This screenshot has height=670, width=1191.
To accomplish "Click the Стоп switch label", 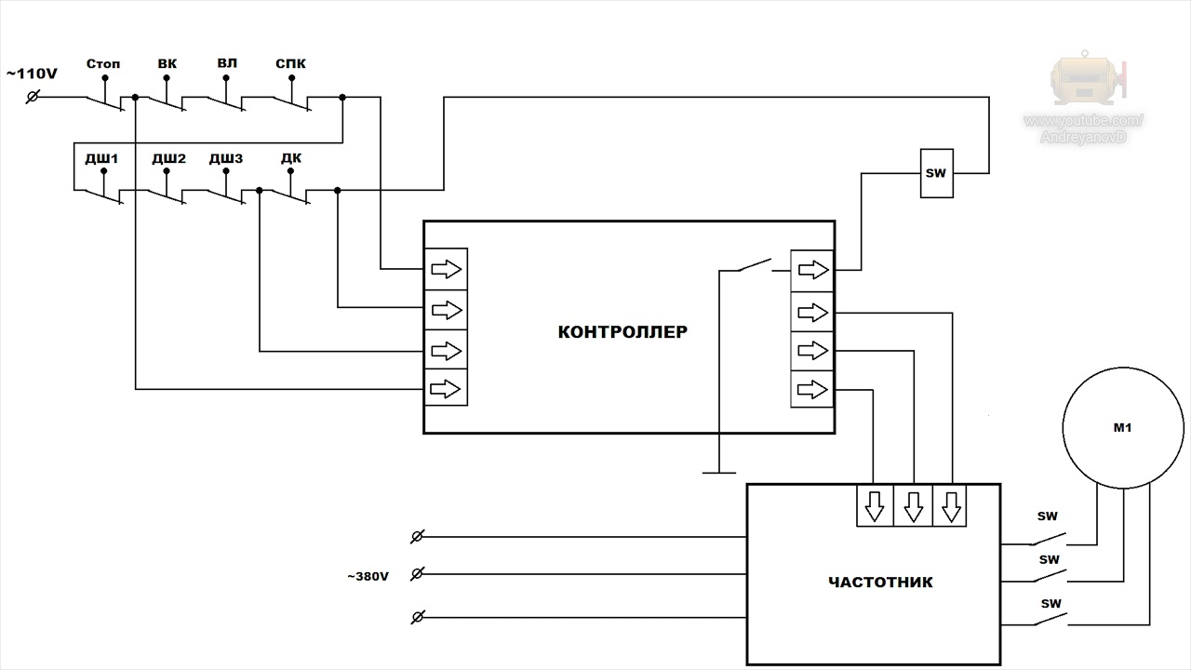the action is (x=103, y=64).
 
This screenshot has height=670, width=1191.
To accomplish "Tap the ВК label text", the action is (x=167, y=64).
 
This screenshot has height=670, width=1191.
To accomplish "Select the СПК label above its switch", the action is (x=290, y=64).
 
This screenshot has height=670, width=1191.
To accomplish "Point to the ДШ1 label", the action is (x=101, y=158).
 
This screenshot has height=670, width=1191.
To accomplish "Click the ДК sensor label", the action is (x=291, y=158).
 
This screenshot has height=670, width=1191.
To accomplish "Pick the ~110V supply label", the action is (x=32, y=74).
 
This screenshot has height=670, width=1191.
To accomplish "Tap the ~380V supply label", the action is (x=368, y=576).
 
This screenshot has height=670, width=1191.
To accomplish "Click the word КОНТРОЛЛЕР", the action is (x=622, y=332).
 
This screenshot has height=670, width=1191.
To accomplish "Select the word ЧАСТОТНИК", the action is (x=880, y=583).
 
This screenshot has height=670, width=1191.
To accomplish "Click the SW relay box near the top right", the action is (x=936, y=173).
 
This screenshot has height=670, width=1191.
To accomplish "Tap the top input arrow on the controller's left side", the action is (x=446, y=269).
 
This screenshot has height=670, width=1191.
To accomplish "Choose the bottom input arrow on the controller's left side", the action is (x=445, y=389).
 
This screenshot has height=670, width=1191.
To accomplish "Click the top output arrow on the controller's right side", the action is (x=813, y=270).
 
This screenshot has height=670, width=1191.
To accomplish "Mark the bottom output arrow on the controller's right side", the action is (x=812, y=389).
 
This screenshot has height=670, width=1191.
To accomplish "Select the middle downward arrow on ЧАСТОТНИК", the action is (x=913, y=506).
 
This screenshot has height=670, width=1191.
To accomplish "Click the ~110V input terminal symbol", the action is (x=33, y=97).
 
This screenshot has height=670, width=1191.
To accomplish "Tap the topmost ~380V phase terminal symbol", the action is (x=418, y=537).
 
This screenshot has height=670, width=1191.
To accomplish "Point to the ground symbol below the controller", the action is (x=719, y=472).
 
